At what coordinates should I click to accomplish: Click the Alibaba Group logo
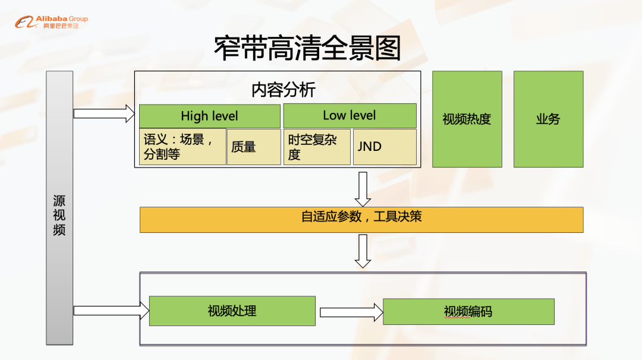coord(51,22)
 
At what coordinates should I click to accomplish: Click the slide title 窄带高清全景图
coord(307,49)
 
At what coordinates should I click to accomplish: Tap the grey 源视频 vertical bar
coord(59,208)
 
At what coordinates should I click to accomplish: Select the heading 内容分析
coord(284,90)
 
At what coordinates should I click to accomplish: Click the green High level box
coord(209,116)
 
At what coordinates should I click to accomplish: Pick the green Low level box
coord(350,115)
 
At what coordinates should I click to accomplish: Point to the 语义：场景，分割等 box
coord(182,147)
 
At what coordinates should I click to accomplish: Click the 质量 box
coord(253,147)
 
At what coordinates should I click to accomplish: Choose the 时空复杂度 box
coord(317,147)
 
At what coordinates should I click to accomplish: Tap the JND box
coord(385,147)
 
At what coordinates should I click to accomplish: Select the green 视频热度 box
coord(467,119)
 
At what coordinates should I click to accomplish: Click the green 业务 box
coord(548,119)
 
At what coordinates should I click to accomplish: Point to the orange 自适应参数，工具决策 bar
coord(361,219)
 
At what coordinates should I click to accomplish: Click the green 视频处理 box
coord(232,311)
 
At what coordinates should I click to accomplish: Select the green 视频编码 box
coord(468,311)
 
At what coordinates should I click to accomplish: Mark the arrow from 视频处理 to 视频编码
coord(350,312)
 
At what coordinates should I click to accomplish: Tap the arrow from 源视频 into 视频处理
coord(111,310)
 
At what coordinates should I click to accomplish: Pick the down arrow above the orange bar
coord(363,188)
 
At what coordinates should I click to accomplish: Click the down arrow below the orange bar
coord(363,251)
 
